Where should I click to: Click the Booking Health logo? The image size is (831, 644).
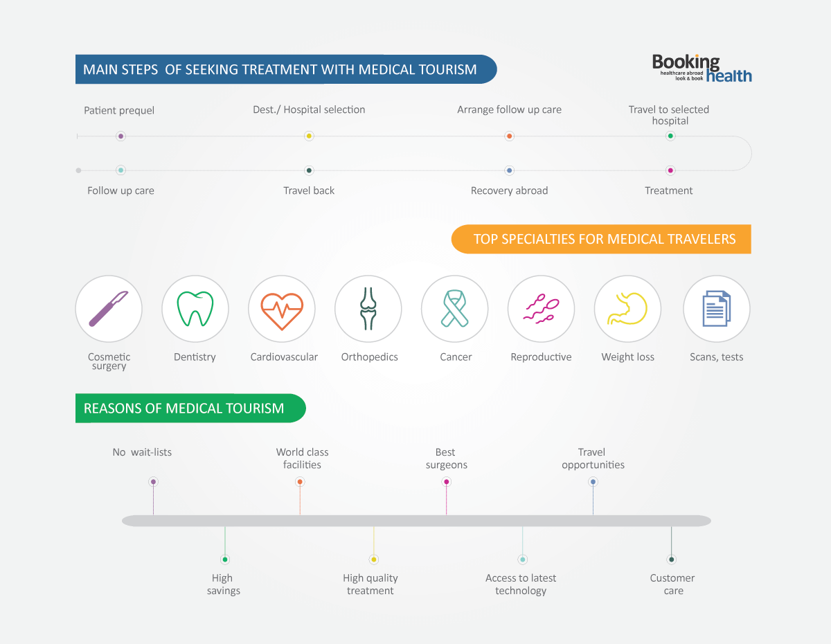(x=702, y=69)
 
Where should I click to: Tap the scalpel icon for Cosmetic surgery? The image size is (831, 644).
(x=109, y=309)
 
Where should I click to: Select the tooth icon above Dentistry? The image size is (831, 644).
(x=195, y=309)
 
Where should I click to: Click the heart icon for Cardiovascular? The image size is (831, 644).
(x=282, y=309)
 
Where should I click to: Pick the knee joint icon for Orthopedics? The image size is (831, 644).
(x=368, y=309)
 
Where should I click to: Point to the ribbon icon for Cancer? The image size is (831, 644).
(x=454, y=309)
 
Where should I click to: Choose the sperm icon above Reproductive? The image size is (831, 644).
(x=541, y=309)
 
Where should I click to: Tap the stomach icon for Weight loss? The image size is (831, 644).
(x=627, y=309)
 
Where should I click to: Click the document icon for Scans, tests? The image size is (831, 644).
(x=717, y=309)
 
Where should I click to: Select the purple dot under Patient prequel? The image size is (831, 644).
(x=120, y=136)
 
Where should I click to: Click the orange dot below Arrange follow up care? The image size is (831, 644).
(x=509, y=136)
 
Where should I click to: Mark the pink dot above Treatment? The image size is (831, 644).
(x=670, y=170)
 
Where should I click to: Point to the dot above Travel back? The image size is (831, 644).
(x=309, y=170)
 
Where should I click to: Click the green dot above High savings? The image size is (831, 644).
(x=225, y=560)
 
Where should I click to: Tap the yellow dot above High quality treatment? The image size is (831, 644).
(x=374, y=560)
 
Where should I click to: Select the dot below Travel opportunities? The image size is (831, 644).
(x=593, y=482)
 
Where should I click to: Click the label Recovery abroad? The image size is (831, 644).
(x=509, y=190)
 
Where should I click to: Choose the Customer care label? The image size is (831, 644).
(x=672, y=584)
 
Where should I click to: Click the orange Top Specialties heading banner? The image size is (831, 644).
(x=601, y=239)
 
